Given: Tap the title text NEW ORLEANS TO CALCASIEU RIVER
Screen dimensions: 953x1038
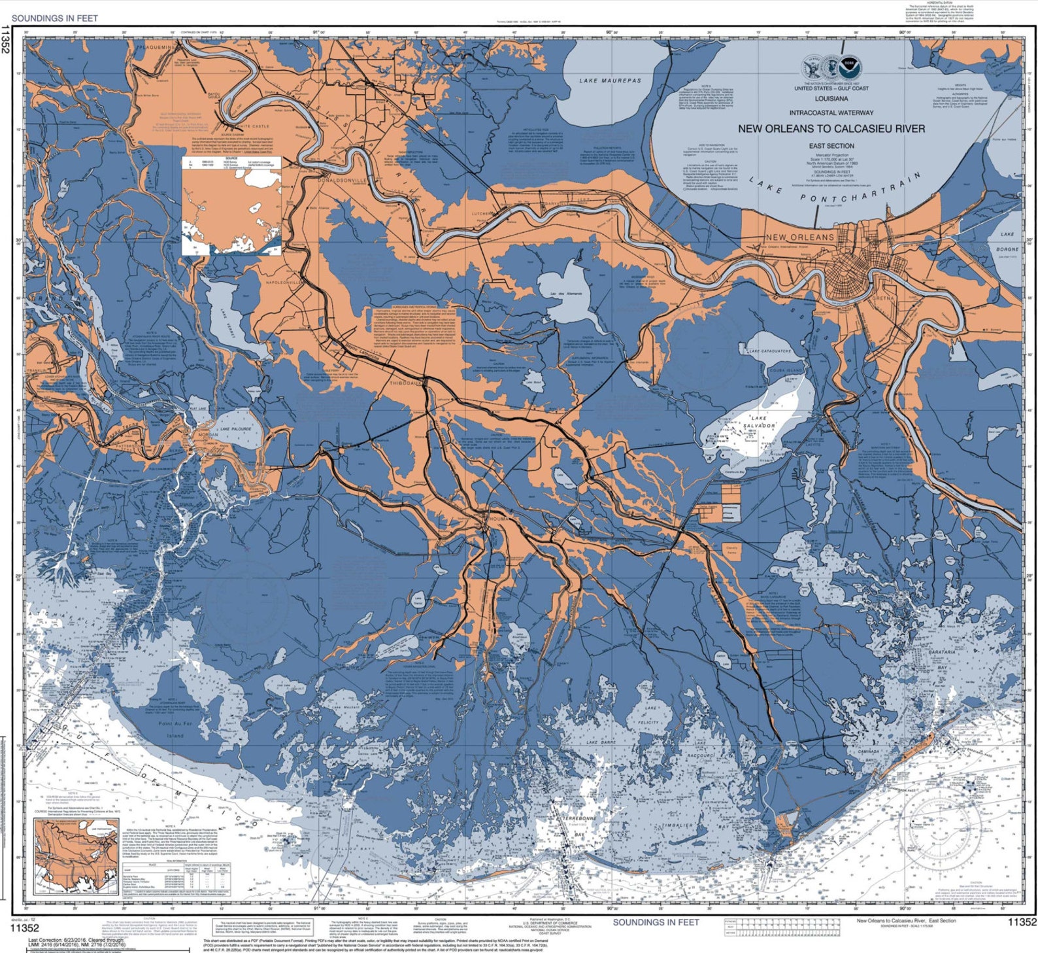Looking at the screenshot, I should point(831,129).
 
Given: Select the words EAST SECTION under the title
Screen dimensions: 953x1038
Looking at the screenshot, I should point(831,146).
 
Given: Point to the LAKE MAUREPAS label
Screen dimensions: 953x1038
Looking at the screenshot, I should point(610,81).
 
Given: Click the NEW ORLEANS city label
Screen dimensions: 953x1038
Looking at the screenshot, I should point(799,237).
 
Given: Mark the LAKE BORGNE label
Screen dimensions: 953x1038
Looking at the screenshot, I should point(1007,241).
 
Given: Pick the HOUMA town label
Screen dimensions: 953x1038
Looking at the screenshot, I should point(498,519).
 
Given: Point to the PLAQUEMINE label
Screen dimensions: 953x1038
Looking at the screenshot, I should point(156,48).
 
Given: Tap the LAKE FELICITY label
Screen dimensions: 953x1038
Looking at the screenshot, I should point(650,716).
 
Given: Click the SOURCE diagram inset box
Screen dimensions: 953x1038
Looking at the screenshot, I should point(232,205).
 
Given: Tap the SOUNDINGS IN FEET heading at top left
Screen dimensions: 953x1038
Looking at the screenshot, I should point(55,18).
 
